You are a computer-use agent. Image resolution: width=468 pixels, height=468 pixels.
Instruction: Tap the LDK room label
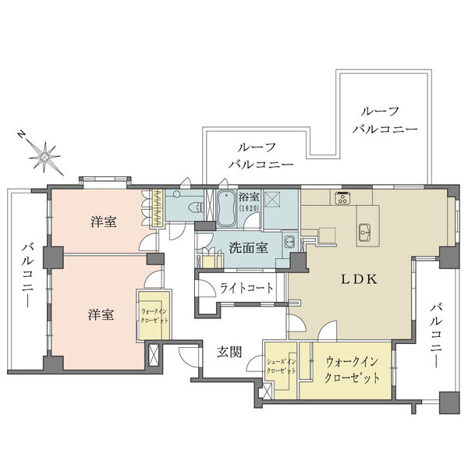coord(358,278)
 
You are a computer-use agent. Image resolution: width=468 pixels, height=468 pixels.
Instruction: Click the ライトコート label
coord(246,288)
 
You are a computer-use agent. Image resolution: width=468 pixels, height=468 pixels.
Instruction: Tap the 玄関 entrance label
coord(228,352)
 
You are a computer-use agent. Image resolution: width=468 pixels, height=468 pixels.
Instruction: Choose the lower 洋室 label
coord(101,314)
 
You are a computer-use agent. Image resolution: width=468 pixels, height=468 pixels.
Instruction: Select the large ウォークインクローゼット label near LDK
coord(352,369)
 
